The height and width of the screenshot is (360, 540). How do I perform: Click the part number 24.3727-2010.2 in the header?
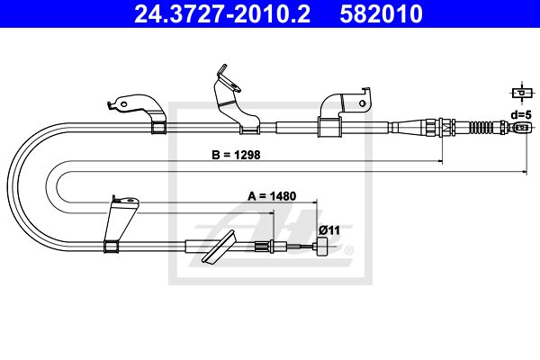click(x=222, y=13)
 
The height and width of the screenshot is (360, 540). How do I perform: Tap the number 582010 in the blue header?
click(x=381, y=13)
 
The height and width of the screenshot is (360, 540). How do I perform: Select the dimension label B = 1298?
click(x=236, y=155)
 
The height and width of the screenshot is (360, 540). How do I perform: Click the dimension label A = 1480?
click(x=272, y=196)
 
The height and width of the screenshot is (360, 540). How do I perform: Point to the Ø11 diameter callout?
click(x=329, y=230)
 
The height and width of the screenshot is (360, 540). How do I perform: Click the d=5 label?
click(x=521, y=114)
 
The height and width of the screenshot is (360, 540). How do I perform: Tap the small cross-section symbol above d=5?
click(x=522, y=93)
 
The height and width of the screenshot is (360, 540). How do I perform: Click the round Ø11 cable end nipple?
click(x=323, y=247)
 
